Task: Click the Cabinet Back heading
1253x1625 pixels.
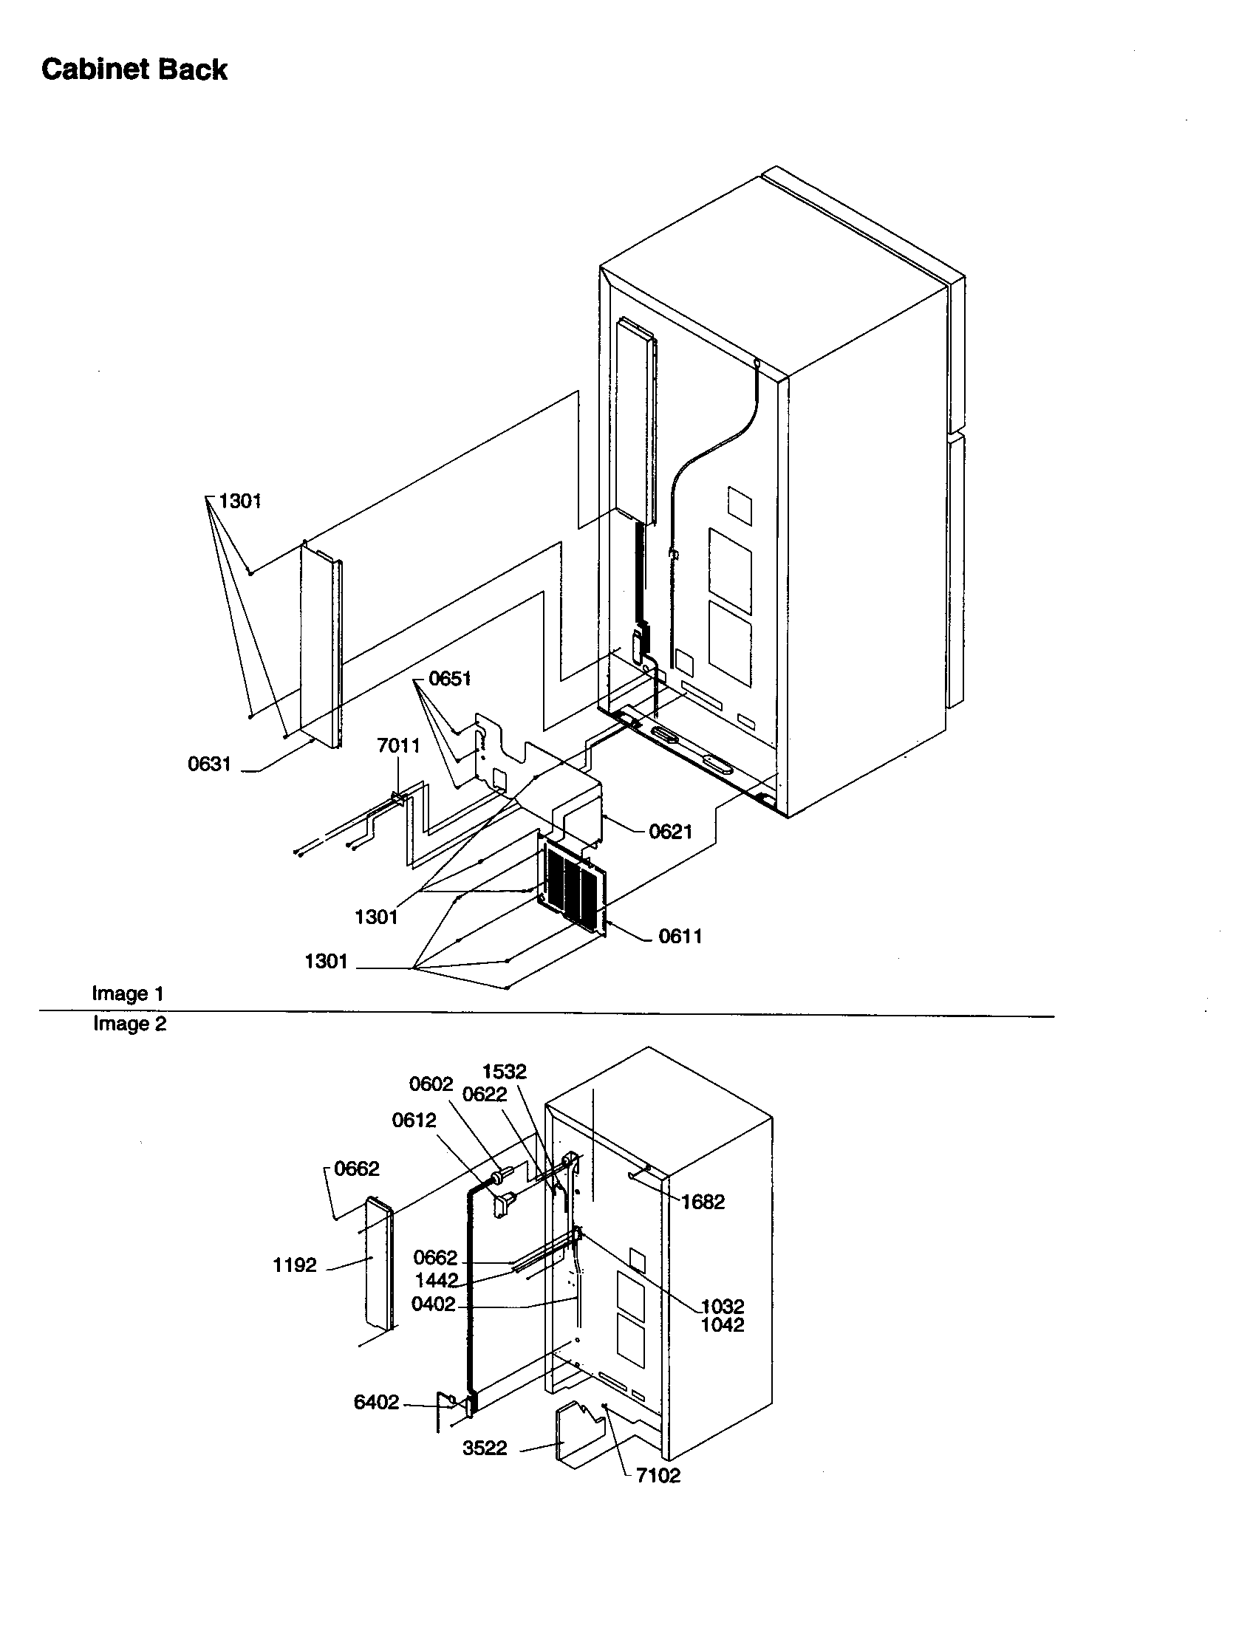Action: [x=134, y=69]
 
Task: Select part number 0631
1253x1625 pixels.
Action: [x=209, y=764]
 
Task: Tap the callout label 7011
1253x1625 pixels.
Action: [x=398, y=745]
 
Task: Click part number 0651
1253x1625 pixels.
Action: [x=449, y=679]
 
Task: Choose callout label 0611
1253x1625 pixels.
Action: [x=680, y=936]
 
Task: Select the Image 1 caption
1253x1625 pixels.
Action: [x=127, y=993]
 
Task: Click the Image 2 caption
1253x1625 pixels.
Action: [x=129, y=1024]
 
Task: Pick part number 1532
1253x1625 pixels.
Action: [x=504, y=1072]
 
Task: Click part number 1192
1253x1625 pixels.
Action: [x=295, y=1265]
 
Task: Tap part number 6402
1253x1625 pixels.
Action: [x=376, y=1403]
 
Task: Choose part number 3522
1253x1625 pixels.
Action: [x=485, y=1448]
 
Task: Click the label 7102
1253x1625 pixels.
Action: [x=658, y=1476]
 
